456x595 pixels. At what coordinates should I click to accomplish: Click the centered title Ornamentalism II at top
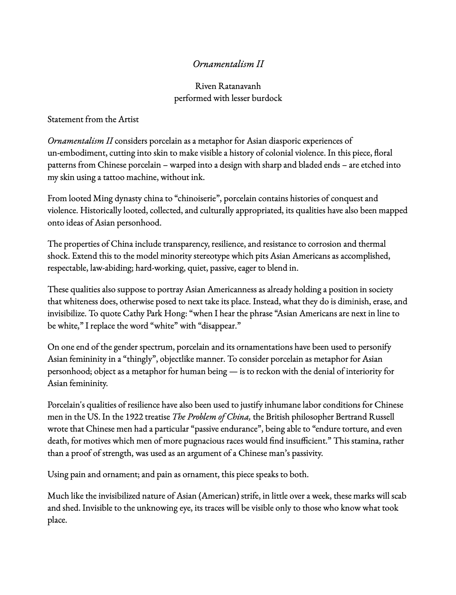tap(228, 64)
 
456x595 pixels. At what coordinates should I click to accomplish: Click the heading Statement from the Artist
tap(93, 119)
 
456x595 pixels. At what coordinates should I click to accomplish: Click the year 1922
tap(134, 417)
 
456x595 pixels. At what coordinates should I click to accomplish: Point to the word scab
tap(399, 496)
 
